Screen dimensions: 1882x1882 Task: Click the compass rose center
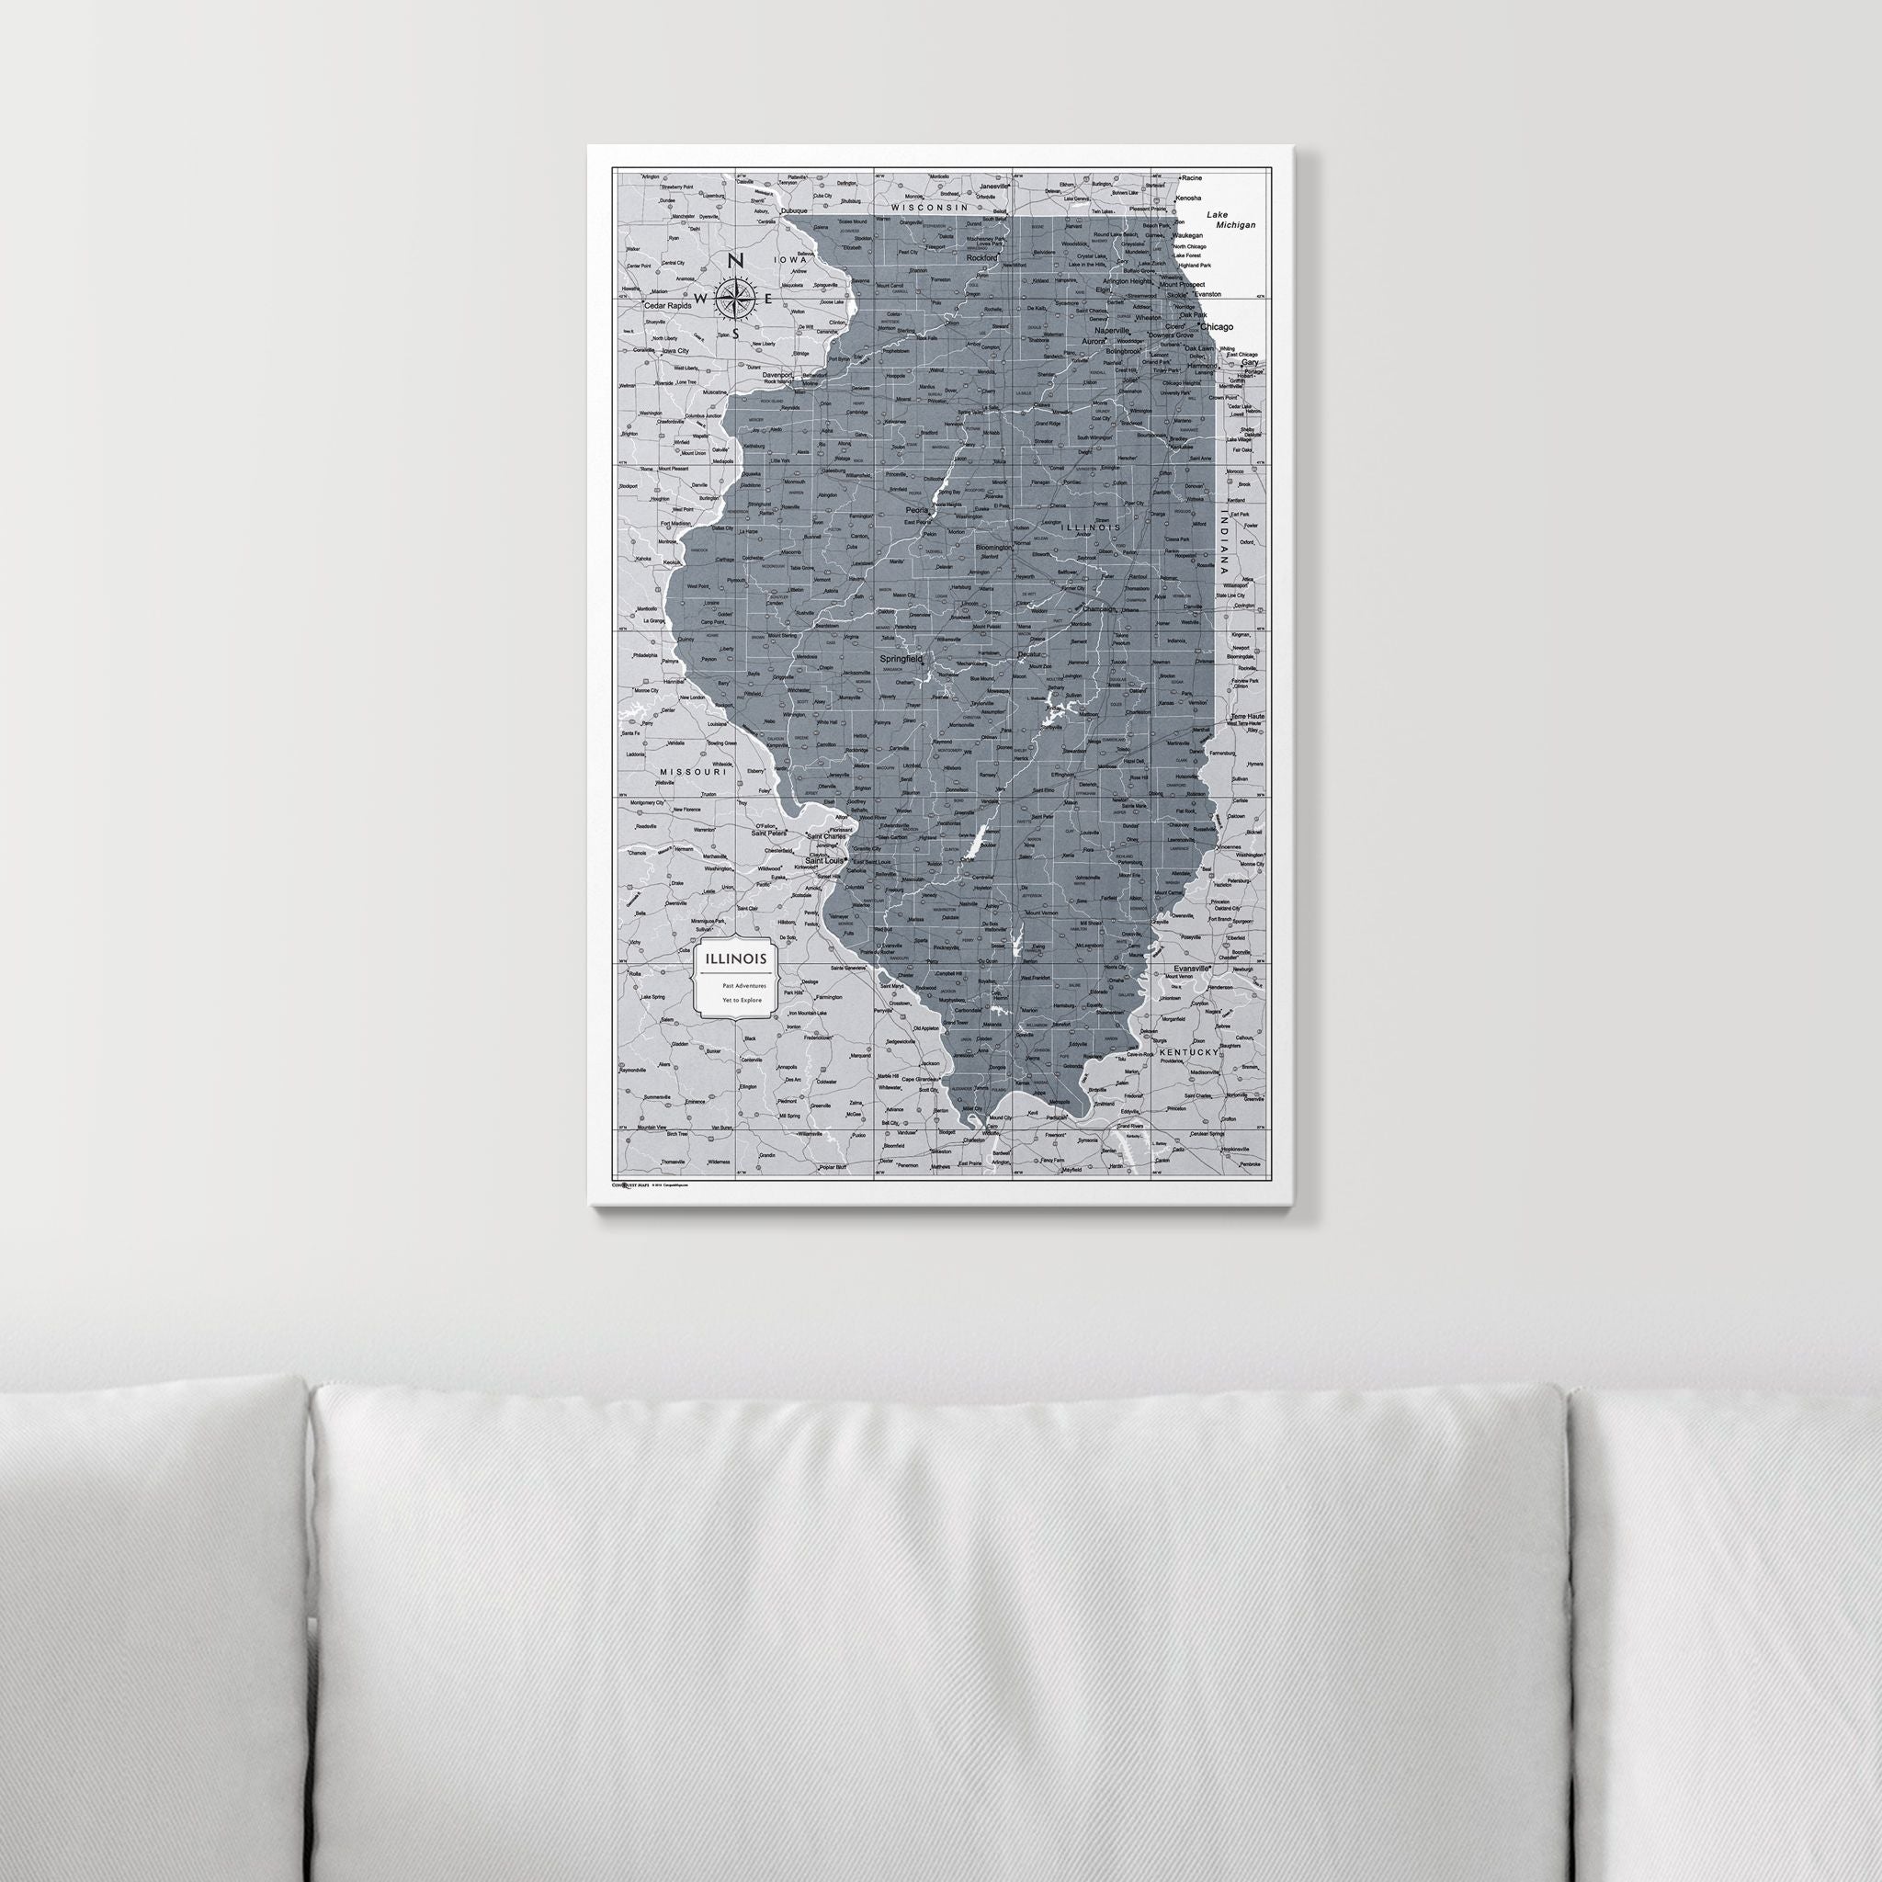[x=735, y=298]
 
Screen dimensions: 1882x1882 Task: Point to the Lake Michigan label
[x=1230, y=220]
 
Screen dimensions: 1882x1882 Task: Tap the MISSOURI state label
[x=693, y=772]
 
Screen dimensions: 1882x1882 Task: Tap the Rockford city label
[x=982, y=258]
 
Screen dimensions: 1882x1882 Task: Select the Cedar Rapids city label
[x=668, y=306]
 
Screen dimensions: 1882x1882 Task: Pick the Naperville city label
[x=1112, y=330]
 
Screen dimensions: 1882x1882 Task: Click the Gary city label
[x=1249, y=362]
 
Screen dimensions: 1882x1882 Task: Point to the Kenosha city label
[x=1187, y=198]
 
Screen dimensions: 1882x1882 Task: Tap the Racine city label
[x=1190, y=178]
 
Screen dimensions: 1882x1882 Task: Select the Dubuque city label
[x=795, y=210]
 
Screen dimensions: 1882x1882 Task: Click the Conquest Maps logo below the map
[x=631, y=1185]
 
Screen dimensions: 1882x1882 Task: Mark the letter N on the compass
[x=736, y=260]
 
